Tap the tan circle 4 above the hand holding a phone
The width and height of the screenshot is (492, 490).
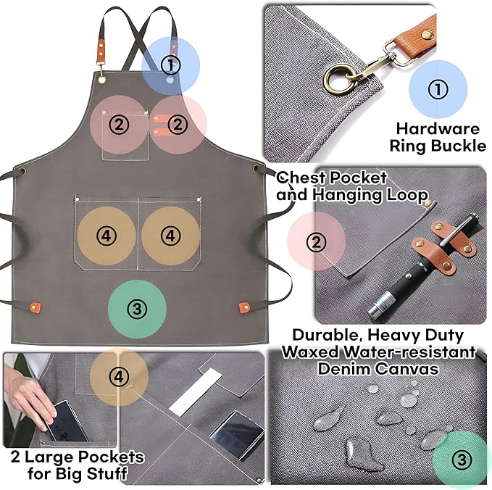pos(120,376)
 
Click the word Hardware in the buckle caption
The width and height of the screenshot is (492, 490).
pos(438,129)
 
